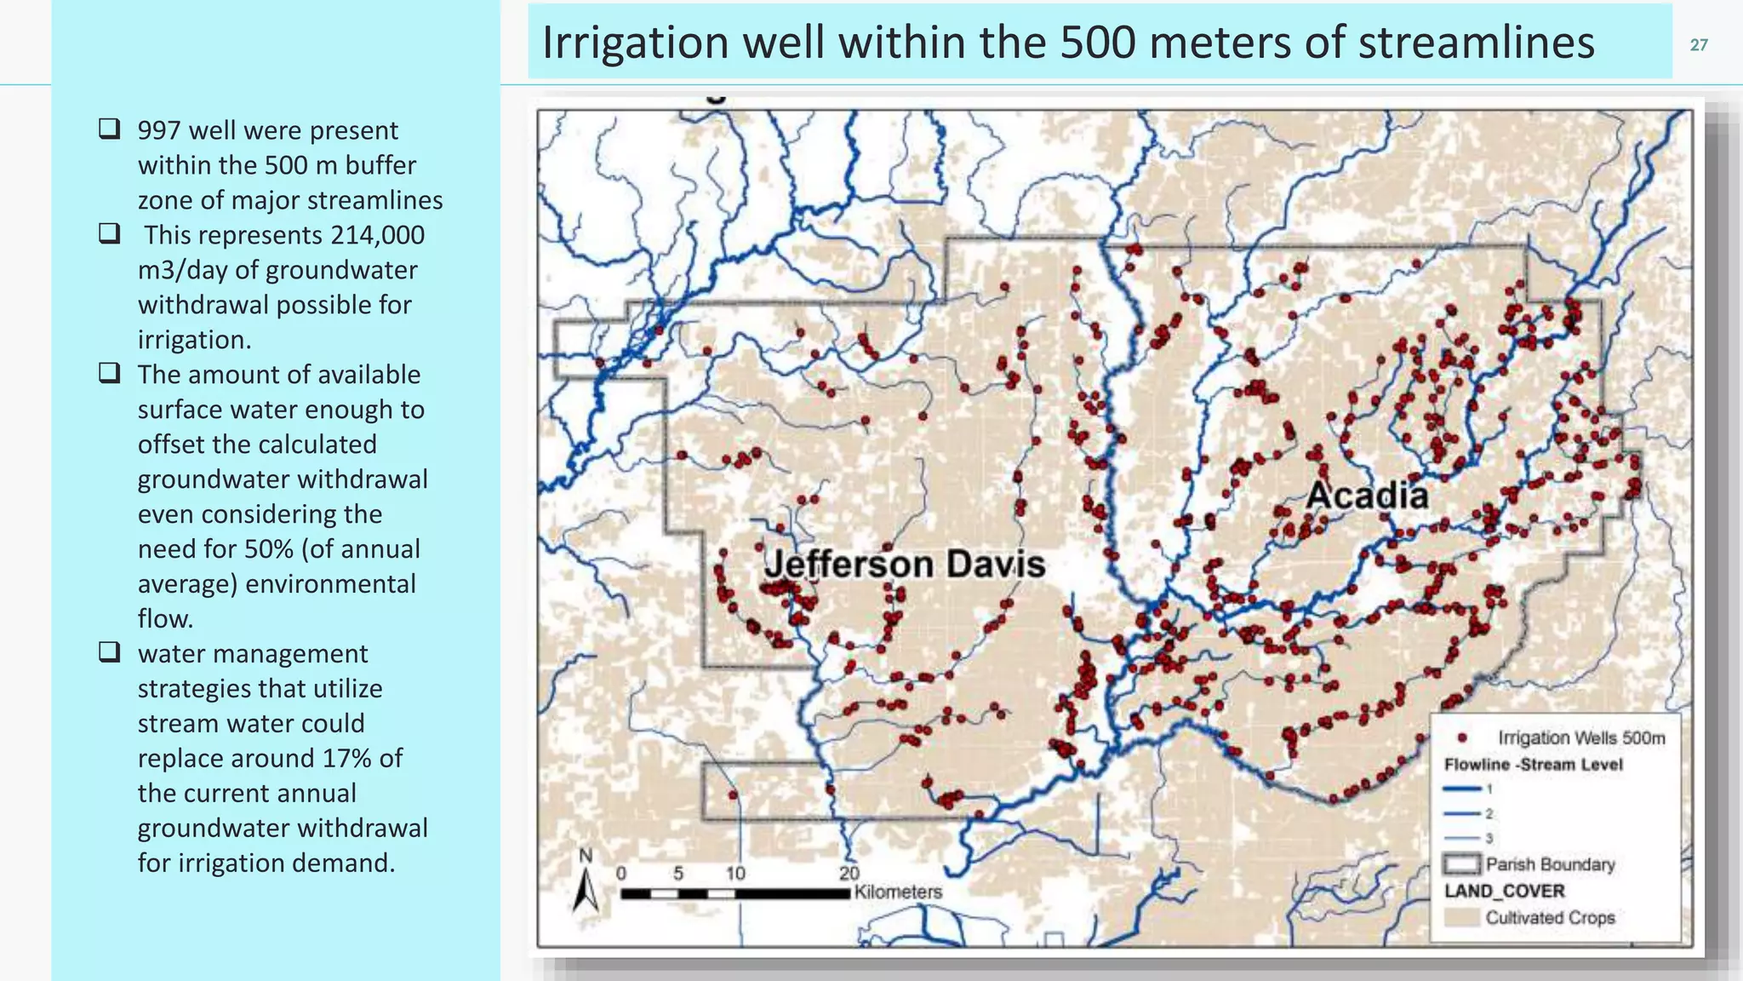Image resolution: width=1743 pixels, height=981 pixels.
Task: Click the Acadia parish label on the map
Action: pyautogui.click(x=1367, y=496)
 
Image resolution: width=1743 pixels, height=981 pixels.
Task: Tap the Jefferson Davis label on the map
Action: pyautogui.click(x=904, y=565)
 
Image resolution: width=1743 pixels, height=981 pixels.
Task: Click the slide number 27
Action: pyautogui.click(x=1699, y=45)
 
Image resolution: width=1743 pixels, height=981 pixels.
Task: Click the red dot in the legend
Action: pyautogui.click(x=1462, y=737)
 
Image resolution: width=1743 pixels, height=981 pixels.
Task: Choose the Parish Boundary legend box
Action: pyautogui.click(x=1461, y=864)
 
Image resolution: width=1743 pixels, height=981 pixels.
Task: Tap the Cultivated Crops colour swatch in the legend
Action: pyautogui.click(x=1461, y=917)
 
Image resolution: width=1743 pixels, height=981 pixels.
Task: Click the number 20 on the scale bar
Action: pyautogui.click(x=849, y=873)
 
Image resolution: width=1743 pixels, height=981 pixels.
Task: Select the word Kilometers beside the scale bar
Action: pyautogui.click(x=898, y=892)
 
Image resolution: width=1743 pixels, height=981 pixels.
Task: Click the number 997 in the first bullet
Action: pyautogui.click(x=159, y=130)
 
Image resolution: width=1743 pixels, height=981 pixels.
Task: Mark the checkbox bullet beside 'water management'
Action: pyautogui.click(x=109, y=653)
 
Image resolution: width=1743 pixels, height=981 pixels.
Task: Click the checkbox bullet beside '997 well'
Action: pyautogui.click(x=109, y=129)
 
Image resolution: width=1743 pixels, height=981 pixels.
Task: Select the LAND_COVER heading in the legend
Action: pyautogui.click(x=1504, y=891)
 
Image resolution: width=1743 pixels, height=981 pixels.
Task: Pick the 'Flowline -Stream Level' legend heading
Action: pyautogui.click(x=1533, y=764)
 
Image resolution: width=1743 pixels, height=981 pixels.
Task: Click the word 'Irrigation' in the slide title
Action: pyautogui.click(x=635, y=43)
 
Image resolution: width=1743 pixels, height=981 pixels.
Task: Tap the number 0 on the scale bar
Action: pyautogui.click(x=621, y=873)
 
